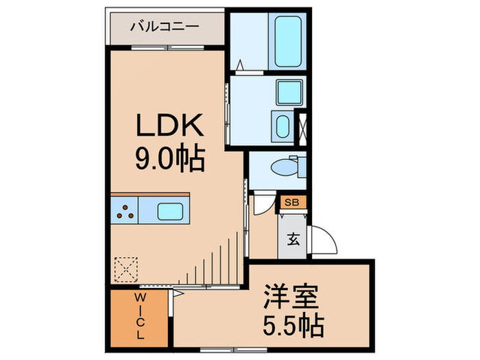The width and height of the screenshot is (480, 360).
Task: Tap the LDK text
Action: pos(168,126)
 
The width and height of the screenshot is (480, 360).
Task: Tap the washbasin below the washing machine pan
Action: pos(282,126)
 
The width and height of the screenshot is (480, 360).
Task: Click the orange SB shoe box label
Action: pos(291,202)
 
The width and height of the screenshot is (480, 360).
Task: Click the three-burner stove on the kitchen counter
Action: pos(125,211)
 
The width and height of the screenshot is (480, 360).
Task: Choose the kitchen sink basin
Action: pos(168,211)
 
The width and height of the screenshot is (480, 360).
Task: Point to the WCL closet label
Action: pos(139,317)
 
